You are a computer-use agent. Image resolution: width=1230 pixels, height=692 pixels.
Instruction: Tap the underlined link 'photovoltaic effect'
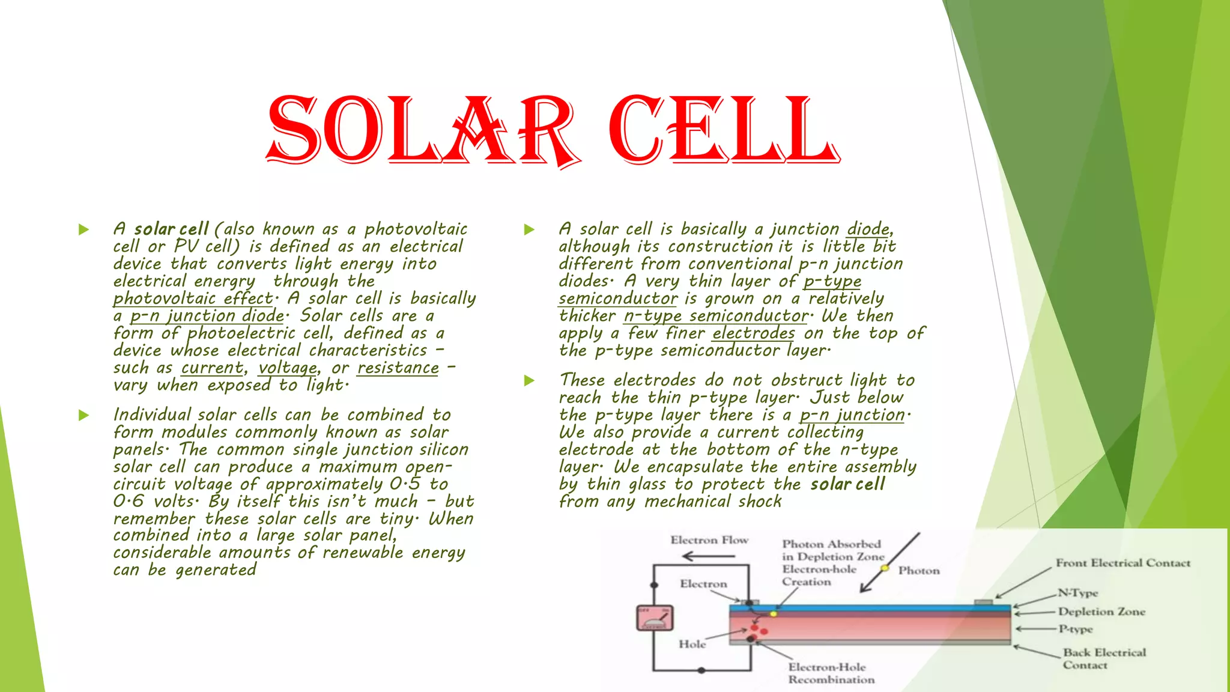(x=193, y=299)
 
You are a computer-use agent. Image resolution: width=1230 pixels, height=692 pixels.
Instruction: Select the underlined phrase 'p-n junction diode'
(x=207, y=316)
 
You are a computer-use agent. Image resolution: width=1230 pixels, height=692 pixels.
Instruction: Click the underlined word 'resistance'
(x=398, y=368)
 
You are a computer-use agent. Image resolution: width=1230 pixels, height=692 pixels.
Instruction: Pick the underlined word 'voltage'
(x=288, y=368)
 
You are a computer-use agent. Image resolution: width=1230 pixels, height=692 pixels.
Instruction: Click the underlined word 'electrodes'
(x=754, y=333)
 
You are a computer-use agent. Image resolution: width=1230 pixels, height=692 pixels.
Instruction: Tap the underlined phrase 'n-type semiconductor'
(x=716, y=316)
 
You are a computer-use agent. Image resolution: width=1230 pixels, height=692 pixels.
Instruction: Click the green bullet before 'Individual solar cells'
(x=83, y=415)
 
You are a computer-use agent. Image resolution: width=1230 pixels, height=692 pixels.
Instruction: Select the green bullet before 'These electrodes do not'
(x=529, y=380)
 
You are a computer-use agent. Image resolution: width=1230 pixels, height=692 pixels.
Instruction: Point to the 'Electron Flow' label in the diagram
(x=709, y=540)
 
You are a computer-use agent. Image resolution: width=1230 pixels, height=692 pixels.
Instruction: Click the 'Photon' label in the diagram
(x=919, y=571)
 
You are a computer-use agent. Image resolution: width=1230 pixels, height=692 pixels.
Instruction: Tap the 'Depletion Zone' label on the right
(x=1101, y=612)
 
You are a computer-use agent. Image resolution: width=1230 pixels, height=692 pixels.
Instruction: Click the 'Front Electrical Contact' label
(x=1122, y=563)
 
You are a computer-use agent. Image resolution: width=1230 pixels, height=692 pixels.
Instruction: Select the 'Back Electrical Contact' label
(x=1104, y=658)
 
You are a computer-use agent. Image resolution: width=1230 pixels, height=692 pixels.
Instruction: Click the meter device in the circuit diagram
(x=655, y=618)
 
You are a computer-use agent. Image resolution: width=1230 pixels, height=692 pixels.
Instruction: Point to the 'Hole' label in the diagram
(x=692, y=644)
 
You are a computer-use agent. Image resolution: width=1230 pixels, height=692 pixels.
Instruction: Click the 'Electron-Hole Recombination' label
(x=831, y=673)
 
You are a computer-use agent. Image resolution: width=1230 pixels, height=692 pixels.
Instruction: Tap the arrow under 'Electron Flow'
(x=709, y=556)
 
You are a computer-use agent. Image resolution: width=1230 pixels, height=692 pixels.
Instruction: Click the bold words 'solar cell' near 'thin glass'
(x=847, y=485)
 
